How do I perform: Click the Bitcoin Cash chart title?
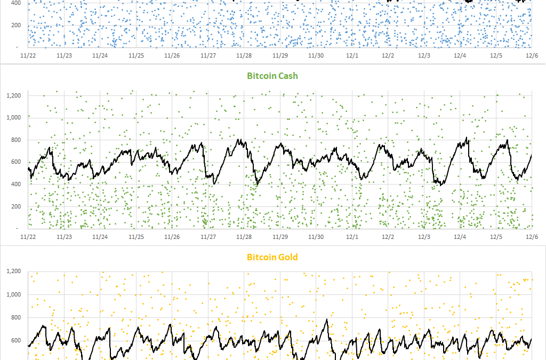pyautogui.click(x=272, y=76)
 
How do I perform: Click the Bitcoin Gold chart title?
pyautogui.click(x=272, y=257)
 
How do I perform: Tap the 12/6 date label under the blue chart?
pyautogui.click(x=532, y=55)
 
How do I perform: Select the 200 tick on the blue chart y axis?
pyautogui.click(x=16, y=25)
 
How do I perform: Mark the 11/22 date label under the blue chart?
pyautogui.click(x=28, y=55)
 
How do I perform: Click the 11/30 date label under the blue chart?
pyautogui.click(x=316, y=55)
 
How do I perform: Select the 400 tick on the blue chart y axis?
pyautogui.click(x=16, y=3)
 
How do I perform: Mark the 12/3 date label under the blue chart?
pyautogui.click(x=424, y=55)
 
